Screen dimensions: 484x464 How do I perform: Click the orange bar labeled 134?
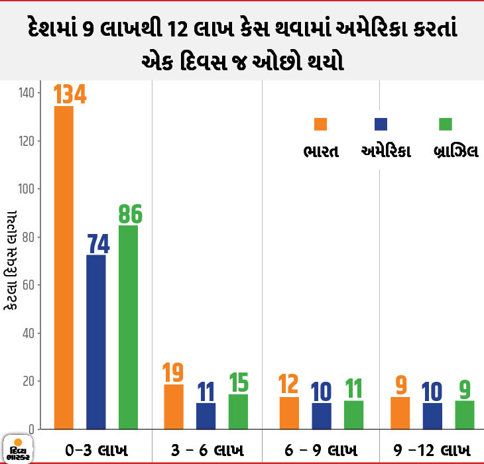click(x=64, y=268)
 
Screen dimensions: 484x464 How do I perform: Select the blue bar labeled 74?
click(x=96, y=342)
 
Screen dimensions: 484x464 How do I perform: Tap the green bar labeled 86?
click(x=129, y=327)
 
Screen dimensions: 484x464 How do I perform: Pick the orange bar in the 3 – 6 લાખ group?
click(x=174, y=406)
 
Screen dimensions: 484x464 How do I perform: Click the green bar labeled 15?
click(x=238, y=412)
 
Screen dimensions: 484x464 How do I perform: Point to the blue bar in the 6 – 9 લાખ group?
click(x=322, y=416)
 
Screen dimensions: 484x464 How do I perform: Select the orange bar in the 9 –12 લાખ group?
click(x=400, y=413)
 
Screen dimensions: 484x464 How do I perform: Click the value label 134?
click(x=70, y=94)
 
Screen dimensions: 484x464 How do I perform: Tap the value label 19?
click(x=173, y=373)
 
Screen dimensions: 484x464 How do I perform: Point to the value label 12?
click(x=288, y=384)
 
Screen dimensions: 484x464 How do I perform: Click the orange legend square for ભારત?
click(x=320, y=124)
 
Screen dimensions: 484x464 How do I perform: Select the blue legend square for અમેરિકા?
click(x=381, y=124)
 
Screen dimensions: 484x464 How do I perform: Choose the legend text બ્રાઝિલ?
click(x=456, y=151)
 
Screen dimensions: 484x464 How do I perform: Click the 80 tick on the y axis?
click(x=28, y=237)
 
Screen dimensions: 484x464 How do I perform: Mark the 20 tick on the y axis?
click(x=28, y=381)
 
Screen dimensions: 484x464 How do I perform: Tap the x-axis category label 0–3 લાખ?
click(x=97, y=450)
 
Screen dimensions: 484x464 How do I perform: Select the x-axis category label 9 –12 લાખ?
click(x=432, y=450)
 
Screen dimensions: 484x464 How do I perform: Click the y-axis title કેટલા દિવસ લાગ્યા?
click(x=11, y=260)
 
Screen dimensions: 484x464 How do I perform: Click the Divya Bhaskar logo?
click(x=18, y=449)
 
